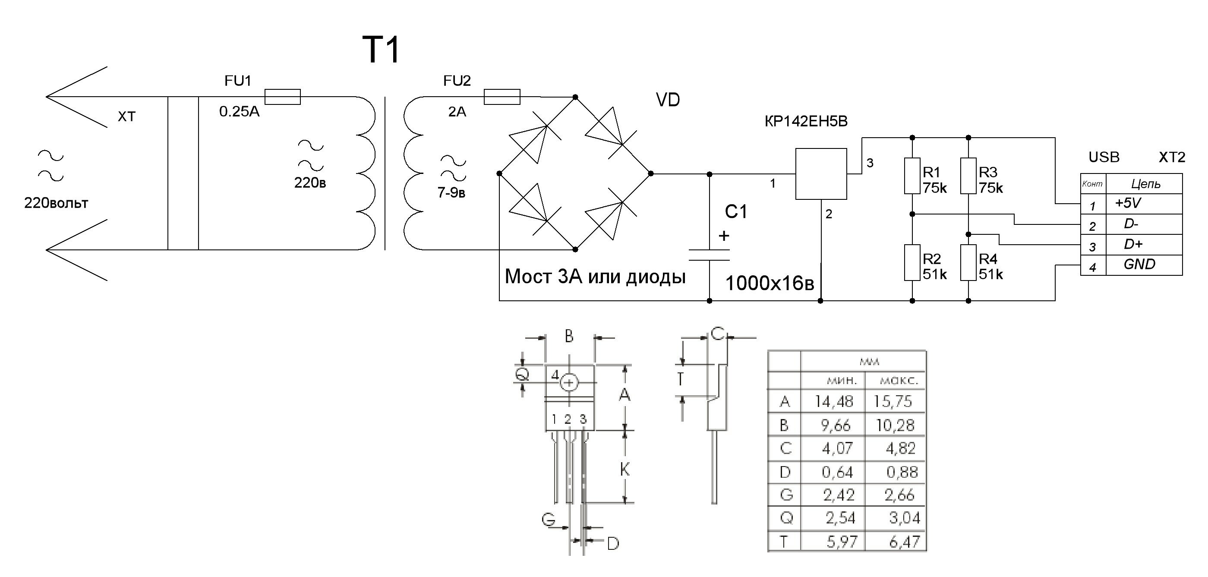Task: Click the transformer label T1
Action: coord(381,50)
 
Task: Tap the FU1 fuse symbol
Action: coord(282,97)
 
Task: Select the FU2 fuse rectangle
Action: coord(502,97)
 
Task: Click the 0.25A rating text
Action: coord(239,112)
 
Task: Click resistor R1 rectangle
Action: coord(912,176)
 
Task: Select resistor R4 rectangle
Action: coord(968,263)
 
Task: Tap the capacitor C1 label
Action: coord(736,212)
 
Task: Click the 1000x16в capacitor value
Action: coord(770,284)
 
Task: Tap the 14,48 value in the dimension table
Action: coord(833,401)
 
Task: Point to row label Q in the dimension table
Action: coord(786,518)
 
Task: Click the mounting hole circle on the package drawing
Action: coord(569,383)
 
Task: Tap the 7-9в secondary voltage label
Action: coord(451,193)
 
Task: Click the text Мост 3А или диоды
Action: coord(595,277)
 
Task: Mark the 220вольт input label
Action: coord(56,203)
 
